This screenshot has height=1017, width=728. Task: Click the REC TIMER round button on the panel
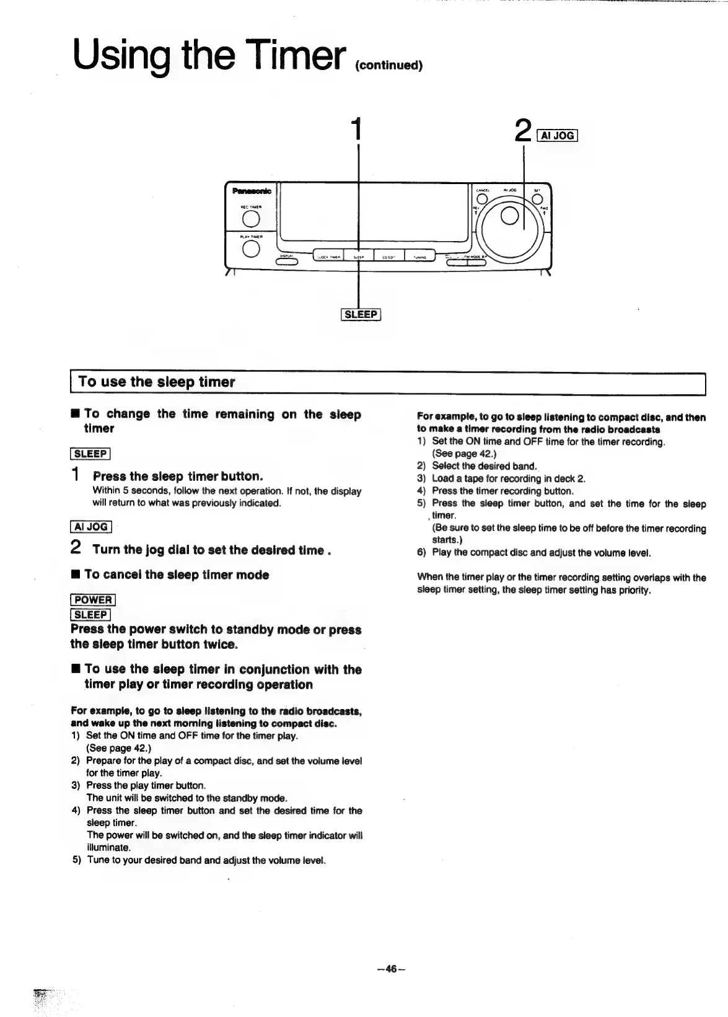pos(250,219)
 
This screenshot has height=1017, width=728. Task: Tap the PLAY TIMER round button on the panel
pos(250,248)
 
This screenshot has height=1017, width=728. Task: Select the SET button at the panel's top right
pos(537,199)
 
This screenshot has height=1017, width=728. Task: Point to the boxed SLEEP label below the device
pos(361,314)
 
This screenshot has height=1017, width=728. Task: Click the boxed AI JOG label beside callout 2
pos(558,135)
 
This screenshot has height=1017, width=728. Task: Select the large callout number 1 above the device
pos(355,129)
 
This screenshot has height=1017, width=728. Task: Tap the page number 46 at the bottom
pos(390,970)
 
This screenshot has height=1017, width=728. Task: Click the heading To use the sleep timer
pos(157,382)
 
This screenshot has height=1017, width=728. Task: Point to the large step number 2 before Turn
pos(76,548)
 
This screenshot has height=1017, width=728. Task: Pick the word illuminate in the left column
pos(108,847)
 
